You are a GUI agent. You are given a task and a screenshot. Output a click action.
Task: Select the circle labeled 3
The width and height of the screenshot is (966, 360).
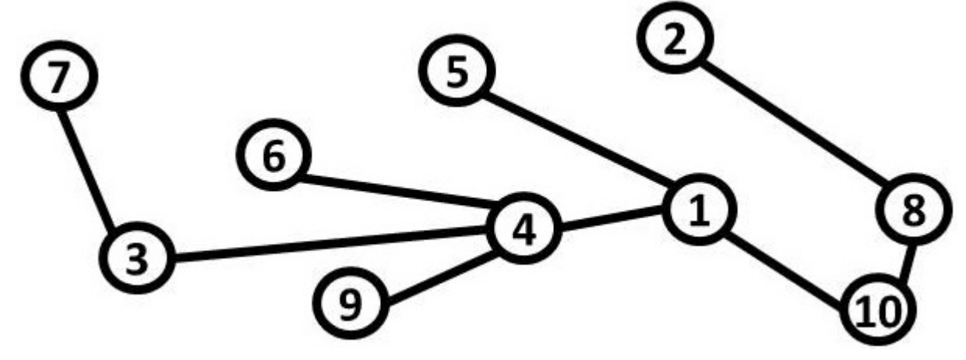coord(137,258)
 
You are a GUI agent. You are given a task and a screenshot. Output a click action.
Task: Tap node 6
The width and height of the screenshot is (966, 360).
coord(273,155)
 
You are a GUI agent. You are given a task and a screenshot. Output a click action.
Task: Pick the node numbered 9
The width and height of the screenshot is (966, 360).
coord(351,303)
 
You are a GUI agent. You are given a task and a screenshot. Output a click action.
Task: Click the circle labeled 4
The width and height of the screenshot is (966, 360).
coord(524,228)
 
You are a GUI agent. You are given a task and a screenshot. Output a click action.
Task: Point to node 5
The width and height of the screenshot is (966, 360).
coord(457,71)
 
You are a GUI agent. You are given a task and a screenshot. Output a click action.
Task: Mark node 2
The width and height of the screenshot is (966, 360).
coord(675,38)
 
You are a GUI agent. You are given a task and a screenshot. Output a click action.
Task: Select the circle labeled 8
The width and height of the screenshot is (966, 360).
coord(913,209)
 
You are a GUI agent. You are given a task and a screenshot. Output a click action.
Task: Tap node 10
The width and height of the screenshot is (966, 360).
coord(878,309)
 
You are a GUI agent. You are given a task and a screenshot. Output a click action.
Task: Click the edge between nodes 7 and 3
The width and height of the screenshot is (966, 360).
coord(87,168)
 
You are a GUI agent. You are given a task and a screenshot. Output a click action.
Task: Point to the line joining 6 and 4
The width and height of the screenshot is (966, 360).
coord(400,191)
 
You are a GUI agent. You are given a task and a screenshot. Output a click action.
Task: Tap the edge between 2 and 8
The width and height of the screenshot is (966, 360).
coord(794,125)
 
